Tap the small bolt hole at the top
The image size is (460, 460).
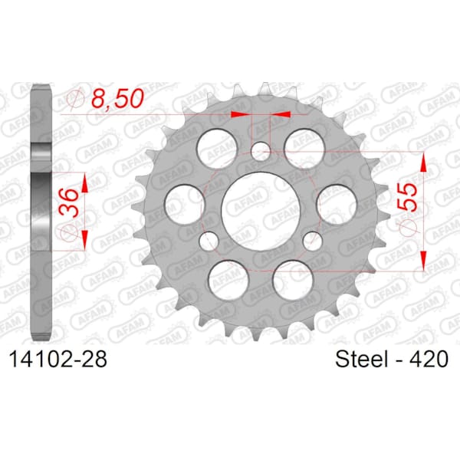tap(261, 149)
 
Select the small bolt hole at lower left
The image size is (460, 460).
tap(208, 240)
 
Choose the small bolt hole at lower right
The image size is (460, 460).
tap(312, 240)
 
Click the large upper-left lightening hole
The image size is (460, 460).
tap(214, 143)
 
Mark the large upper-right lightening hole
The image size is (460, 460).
tap(304, 143)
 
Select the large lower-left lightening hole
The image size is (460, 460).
tap(228, 275)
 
